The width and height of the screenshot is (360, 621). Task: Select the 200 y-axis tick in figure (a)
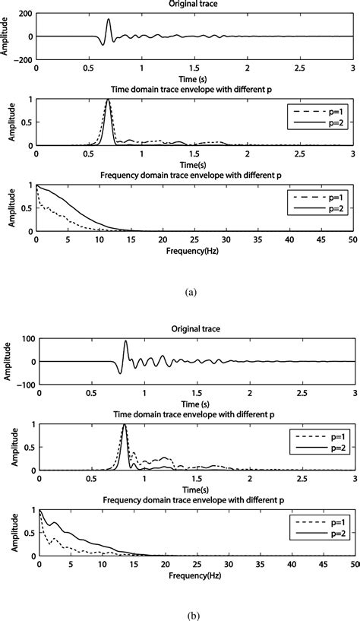point(24,14)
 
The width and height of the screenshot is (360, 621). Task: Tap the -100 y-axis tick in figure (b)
point(24,385)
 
